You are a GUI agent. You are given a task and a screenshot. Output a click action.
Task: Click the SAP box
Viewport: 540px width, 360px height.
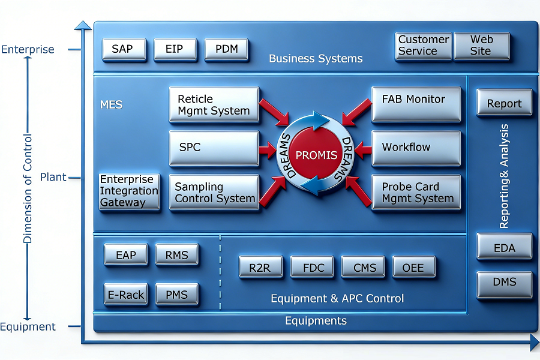click(124, 50)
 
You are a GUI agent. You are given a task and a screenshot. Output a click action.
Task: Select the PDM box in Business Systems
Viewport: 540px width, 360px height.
click(226, 50)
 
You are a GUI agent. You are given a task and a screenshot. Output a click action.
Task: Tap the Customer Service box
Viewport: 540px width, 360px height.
click(424, 46)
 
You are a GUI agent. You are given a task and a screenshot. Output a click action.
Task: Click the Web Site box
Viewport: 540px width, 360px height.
click(482, 46)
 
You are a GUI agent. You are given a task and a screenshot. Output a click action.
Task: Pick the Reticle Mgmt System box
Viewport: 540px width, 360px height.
click(214, 104)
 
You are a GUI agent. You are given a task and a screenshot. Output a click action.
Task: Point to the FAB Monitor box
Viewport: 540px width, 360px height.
click(416, 104)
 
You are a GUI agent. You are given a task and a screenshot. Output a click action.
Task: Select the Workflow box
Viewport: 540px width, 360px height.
click(416, 148)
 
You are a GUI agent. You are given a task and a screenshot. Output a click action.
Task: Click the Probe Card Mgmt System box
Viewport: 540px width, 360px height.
click(416, 192)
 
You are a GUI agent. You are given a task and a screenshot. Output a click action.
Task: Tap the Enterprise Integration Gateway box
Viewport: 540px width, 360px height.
click(130, 191)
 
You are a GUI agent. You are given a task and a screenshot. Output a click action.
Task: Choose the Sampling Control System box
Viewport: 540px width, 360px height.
click(214, 192)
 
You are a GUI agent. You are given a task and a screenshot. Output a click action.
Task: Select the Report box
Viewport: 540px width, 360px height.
click(504, 103)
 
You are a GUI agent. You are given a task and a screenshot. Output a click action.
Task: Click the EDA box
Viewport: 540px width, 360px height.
click(504, 247)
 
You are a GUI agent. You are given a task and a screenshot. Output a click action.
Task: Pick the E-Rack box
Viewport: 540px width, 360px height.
click(126, 294)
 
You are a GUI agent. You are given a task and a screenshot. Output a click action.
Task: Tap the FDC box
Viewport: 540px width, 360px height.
click(312, 266)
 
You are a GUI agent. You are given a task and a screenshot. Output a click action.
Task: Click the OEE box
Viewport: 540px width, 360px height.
click(413, 266)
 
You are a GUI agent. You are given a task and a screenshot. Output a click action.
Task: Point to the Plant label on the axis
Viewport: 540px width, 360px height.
click(53, 177)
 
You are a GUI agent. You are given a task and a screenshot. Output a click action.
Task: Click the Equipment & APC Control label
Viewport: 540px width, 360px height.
click(337, 298)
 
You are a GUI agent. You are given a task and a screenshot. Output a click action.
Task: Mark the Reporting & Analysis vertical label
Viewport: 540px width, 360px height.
click(504, 176)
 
